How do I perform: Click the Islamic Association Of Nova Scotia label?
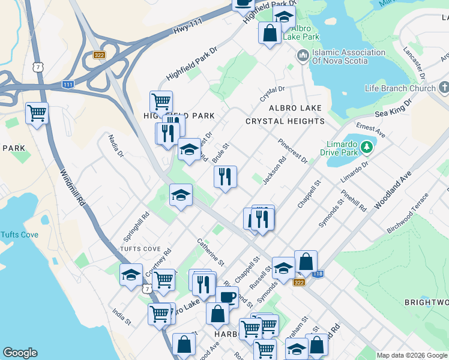348,56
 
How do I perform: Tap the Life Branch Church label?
400,89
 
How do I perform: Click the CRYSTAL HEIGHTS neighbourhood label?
285,121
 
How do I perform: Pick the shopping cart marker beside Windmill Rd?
37,113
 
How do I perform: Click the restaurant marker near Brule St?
225,177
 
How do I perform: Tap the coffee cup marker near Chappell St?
226,297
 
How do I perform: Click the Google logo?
20,353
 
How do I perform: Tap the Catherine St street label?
211,253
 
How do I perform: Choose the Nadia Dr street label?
116,147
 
